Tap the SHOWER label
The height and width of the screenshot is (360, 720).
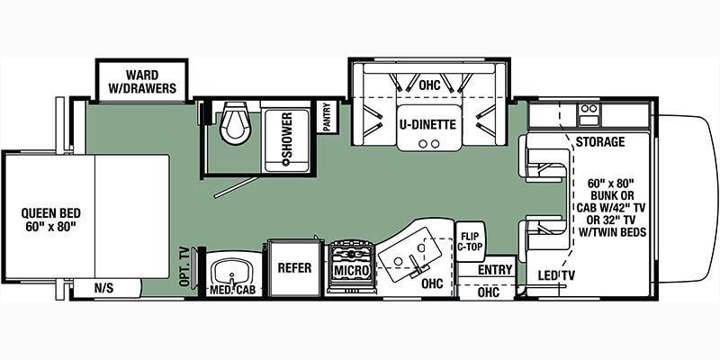click(287, 139)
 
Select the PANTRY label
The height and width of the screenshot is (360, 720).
click(327, 117)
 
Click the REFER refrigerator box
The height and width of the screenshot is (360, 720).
click(294, 267)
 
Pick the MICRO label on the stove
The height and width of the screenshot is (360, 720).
click(351, 269)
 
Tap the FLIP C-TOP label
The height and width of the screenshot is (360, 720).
click(469, 242)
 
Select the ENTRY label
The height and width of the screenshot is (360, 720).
click(495, 269)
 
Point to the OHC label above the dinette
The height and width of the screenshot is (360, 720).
click(429, 85)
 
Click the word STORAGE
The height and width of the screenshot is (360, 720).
click(600, 142)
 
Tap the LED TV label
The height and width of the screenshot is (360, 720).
click(556, 274)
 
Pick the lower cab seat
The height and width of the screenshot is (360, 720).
click(544, 236)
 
